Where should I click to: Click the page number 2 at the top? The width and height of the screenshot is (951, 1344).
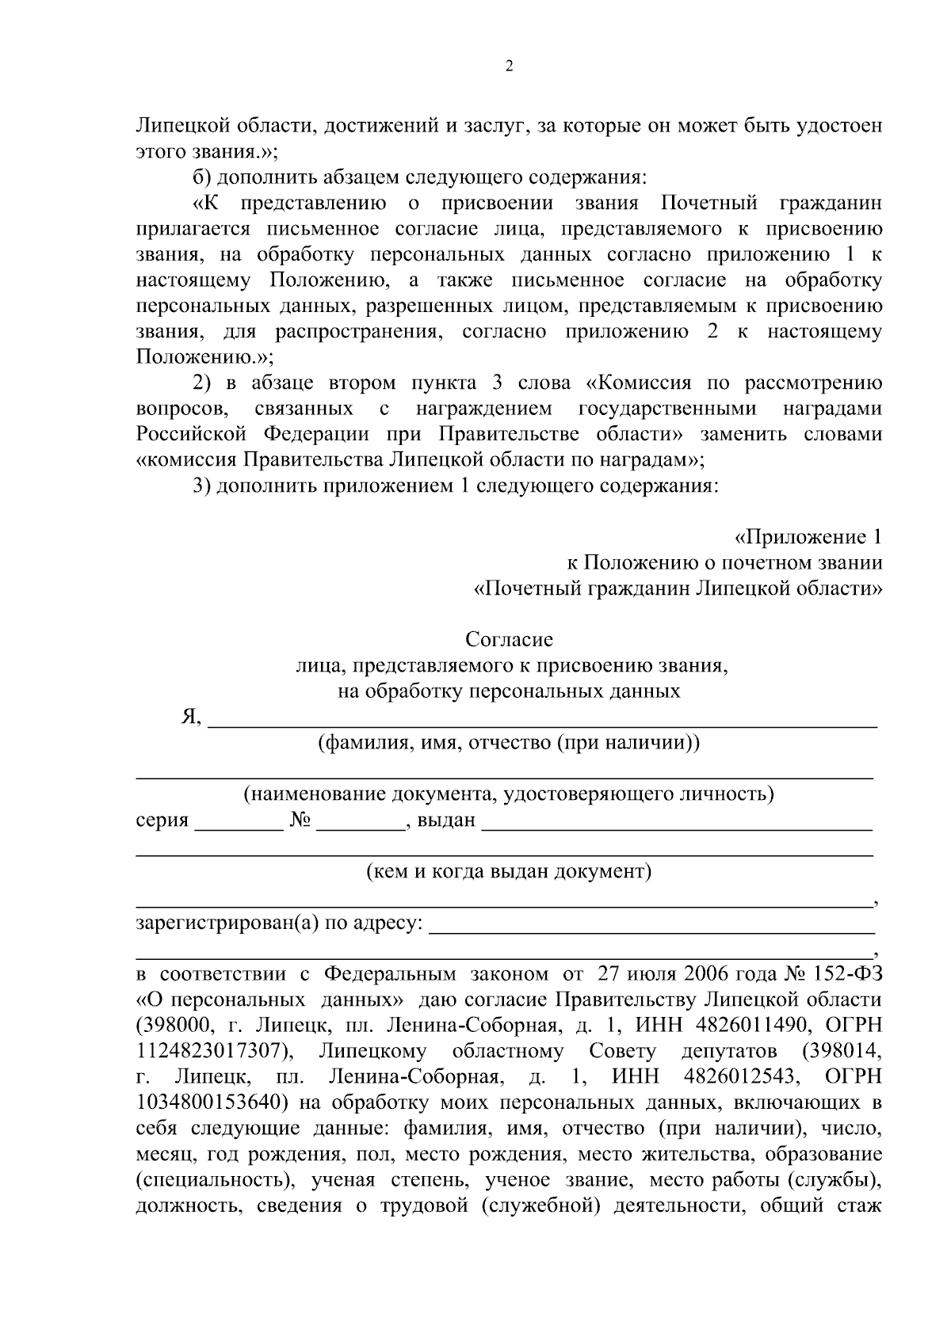pos(509,67)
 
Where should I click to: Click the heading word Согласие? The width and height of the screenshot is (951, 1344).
pos(509,639)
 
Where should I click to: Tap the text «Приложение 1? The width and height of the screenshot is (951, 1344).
pos(808,537)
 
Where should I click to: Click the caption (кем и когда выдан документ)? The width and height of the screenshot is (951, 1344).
pos(508,872)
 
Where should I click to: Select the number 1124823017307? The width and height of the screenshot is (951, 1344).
pos(210,1051)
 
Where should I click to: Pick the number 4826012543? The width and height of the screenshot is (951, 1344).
pos(737,1077)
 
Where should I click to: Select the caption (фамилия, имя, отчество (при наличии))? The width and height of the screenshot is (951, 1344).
pos(508,743)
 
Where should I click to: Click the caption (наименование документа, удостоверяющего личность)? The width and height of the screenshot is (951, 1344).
pos(508,794)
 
